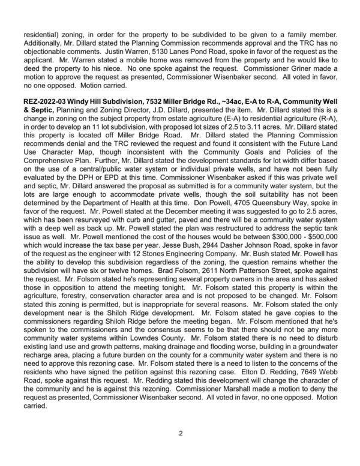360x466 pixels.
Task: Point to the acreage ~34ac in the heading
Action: click(x=235, y=98)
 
